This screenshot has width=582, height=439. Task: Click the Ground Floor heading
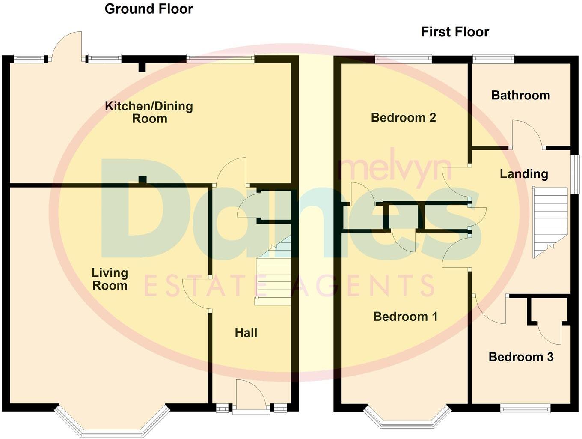click(148, 9)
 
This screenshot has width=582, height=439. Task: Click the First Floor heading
click(454, 32)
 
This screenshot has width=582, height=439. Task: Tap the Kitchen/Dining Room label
click(149, 112)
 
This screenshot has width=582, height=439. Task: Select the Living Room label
click(110, 279)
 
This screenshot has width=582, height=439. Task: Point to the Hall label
click(246, 333)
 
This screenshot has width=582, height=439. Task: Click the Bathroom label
click(520, 95)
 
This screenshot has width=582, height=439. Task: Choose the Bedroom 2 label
click(403, 117)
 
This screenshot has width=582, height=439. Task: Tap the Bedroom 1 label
click(405, 317)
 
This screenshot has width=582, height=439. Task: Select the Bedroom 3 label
click(521, 357)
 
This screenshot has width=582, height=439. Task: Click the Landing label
click(524, 174)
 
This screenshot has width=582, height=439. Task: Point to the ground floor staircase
click(274, 274)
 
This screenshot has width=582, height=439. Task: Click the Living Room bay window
click(112, 424)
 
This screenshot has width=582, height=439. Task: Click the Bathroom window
click(493, 59)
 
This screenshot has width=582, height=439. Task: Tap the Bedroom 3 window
click(525, 409)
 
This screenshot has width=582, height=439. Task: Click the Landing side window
click(576, 174)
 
